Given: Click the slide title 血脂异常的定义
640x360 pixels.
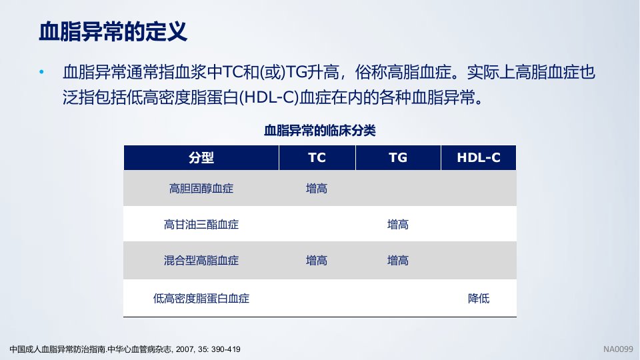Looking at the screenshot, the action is coord(113,31).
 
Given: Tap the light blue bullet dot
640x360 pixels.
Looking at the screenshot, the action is coord(41,72).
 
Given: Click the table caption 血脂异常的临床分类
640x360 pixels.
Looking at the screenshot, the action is coord(319,131).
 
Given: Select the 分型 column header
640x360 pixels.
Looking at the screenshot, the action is coord(201,157).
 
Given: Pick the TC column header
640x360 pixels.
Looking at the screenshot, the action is coord(317,157).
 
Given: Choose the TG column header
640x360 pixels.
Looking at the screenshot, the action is coord(398,157).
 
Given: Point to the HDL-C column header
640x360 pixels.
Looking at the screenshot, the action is coord(479,157).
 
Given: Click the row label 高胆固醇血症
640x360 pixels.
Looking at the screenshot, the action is coord(201,189).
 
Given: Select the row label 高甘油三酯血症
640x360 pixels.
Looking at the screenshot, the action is coord(201,225).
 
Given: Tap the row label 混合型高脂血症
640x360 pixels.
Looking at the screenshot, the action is coord(201,261).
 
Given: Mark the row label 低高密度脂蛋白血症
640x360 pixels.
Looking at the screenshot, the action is coord(201,299).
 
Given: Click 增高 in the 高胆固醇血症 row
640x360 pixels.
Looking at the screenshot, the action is coord(317,189).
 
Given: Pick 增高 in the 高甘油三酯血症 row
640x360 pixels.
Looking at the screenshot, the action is coord(398,225).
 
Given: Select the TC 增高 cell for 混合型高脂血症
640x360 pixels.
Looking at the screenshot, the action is coord(317,261).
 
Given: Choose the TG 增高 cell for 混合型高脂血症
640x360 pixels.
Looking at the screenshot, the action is coord(398,261).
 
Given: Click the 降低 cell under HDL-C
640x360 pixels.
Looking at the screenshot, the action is coord(479,299).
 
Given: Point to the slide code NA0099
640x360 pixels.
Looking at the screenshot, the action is coord(619,349).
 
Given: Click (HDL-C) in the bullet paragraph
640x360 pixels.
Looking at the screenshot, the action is coord(269,98).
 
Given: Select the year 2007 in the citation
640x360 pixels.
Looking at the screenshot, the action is coord(185,349).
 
